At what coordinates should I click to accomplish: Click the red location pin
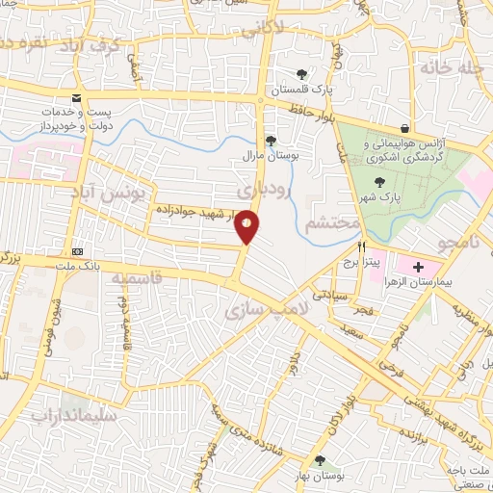[248, 226]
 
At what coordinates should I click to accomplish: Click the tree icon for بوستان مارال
[271, 141]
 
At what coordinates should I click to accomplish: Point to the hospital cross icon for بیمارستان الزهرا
[418, 266]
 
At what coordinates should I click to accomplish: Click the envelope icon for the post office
[76, 98]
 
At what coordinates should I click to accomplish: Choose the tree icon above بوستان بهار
[320, 461]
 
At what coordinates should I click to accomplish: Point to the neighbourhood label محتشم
[330, 224]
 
